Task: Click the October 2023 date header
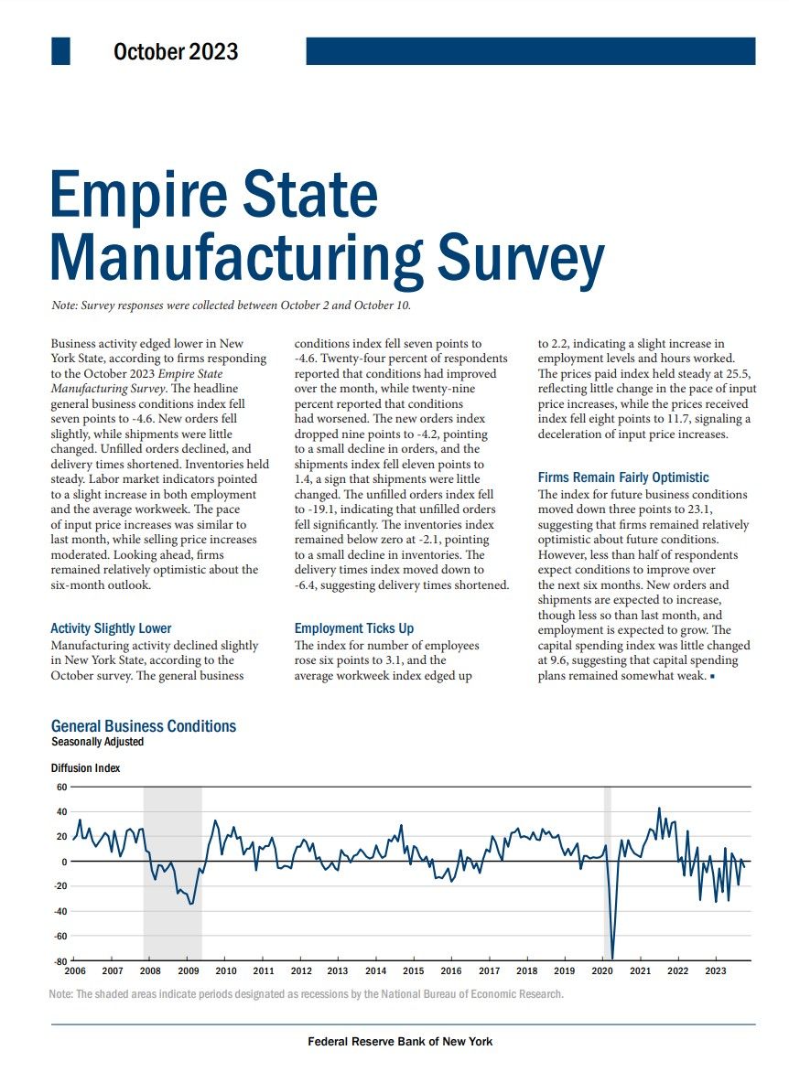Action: tap(176, 52)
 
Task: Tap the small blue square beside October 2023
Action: tap(61, 51)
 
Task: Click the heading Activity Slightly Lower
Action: tap(111, 628)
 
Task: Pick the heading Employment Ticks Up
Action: tap(354, 628)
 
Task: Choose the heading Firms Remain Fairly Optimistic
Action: tap(623, 477)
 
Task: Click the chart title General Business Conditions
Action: tap(144, 726)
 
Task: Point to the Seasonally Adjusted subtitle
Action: tap(97, 742)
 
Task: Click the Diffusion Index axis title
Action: tap(85, 768)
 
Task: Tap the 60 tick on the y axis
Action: tap(61, 787)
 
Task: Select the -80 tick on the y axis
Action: tap(60, 961)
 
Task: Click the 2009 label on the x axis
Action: tap(189, 970)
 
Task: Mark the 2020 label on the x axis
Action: tap(601, 970)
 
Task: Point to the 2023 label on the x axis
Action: tap(715, 970)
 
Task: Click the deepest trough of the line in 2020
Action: tap(611, 959)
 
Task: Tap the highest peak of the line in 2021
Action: tap(659, 809)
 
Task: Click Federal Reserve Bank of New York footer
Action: tap(400, 1042)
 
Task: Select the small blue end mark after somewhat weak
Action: tap(712, 676)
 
